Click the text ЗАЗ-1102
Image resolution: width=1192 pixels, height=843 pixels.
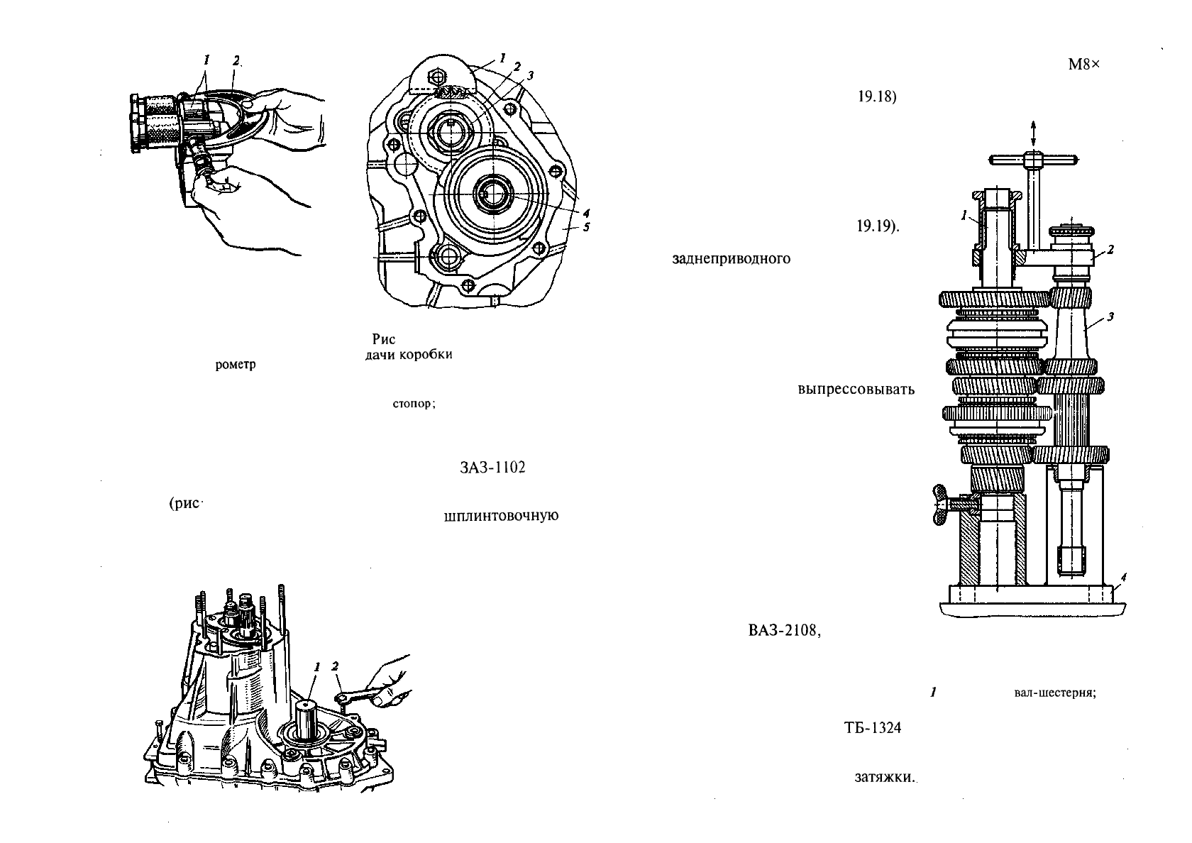point(492,468)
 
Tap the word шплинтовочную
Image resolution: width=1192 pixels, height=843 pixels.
point(501,515)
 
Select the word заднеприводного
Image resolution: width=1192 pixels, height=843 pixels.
point(731,258)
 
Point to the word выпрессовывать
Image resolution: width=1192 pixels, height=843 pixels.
point(856,390)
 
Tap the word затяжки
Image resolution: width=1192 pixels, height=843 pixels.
point(885,778)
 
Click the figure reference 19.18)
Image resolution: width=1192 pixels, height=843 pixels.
point(877,98)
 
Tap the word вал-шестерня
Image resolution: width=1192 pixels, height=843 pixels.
point(1055,693)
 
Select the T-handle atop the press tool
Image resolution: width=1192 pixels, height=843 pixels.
point(1034,160)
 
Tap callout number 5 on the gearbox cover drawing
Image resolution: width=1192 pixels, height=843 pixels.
point(586,227)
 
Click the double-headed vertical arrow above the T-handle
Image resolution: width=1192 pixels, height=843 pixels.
point(1033,133)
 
